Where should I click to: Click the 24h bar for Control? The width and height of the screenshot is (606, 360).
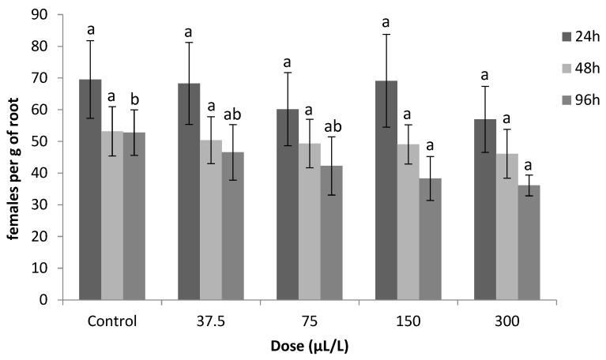[x=90, y=189]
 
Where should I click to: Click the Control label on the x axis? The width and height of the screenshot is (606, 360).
[x=112, y=321]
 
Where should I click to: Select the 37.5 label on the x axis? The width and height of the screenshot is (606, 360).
[x=211, y=321]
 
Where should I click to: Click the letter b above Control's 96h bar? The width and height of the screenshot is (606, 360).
[x=134, y=99]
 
